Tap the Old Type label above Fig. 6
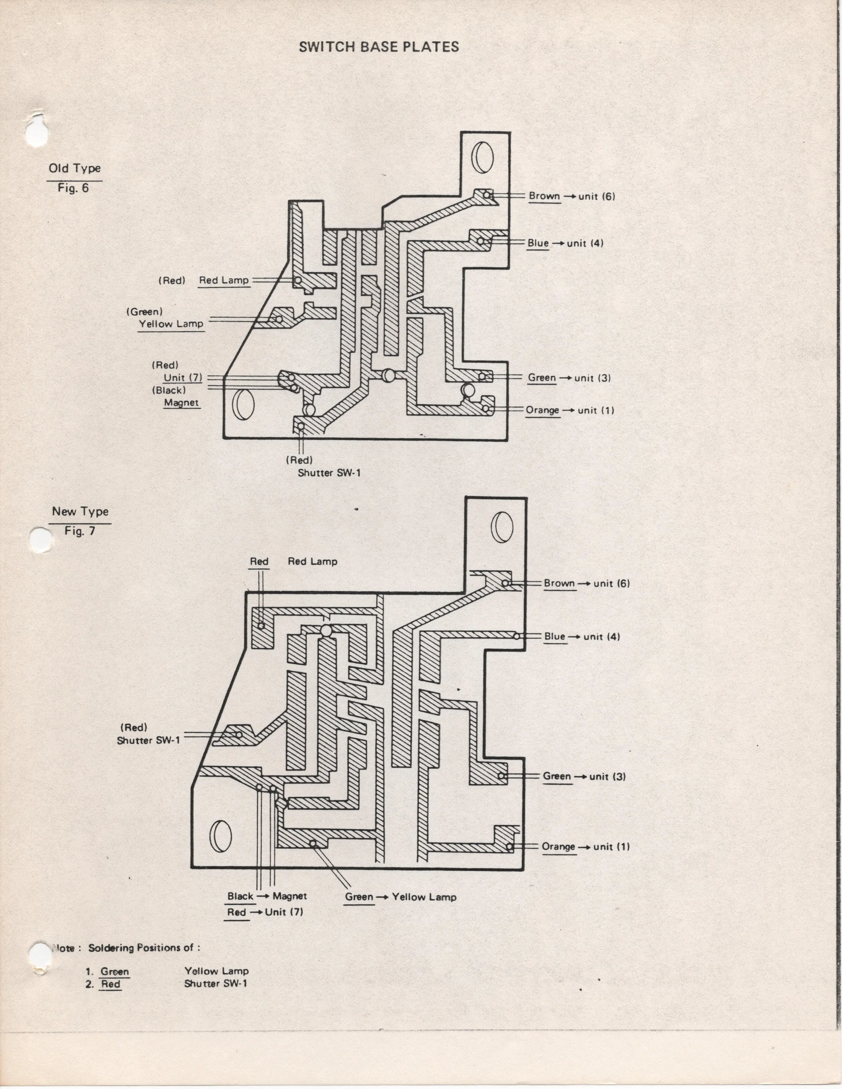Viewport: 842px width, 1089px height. click(75, 169)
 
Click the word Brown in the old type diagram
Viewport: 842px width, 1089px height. click(544, 196)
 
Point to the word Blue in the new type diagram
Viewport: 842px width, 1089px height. click(555, 637)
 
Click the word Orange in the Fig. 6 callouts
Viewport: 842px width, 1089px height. click(543, 410)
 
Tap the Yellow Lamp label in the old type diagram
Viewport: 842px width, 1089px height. click(171, 324)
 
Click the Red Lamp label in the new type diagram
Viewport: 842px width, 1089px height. click(313, 561)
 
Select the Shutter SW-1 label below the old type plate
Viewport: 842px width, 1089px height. click(329, 473)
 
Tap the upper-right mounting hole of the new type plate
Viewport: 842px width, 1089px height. click(502, 527)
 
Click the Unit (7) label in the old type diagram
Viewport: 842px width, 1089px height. click(183, 377)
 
